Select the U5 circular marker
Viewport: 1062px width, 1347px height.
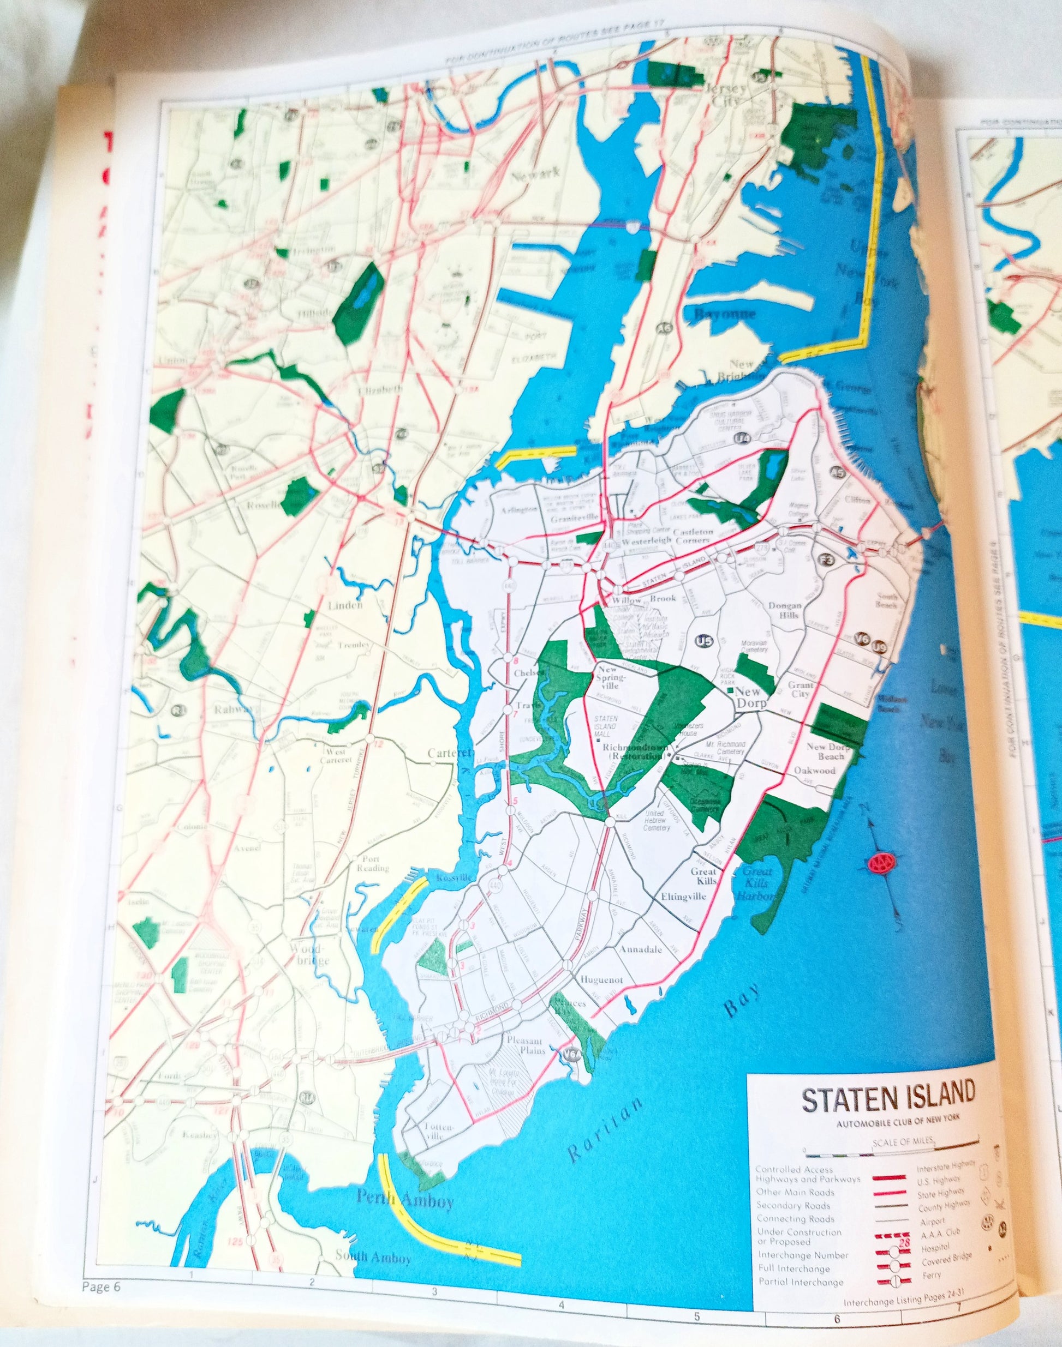point(704,641)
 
